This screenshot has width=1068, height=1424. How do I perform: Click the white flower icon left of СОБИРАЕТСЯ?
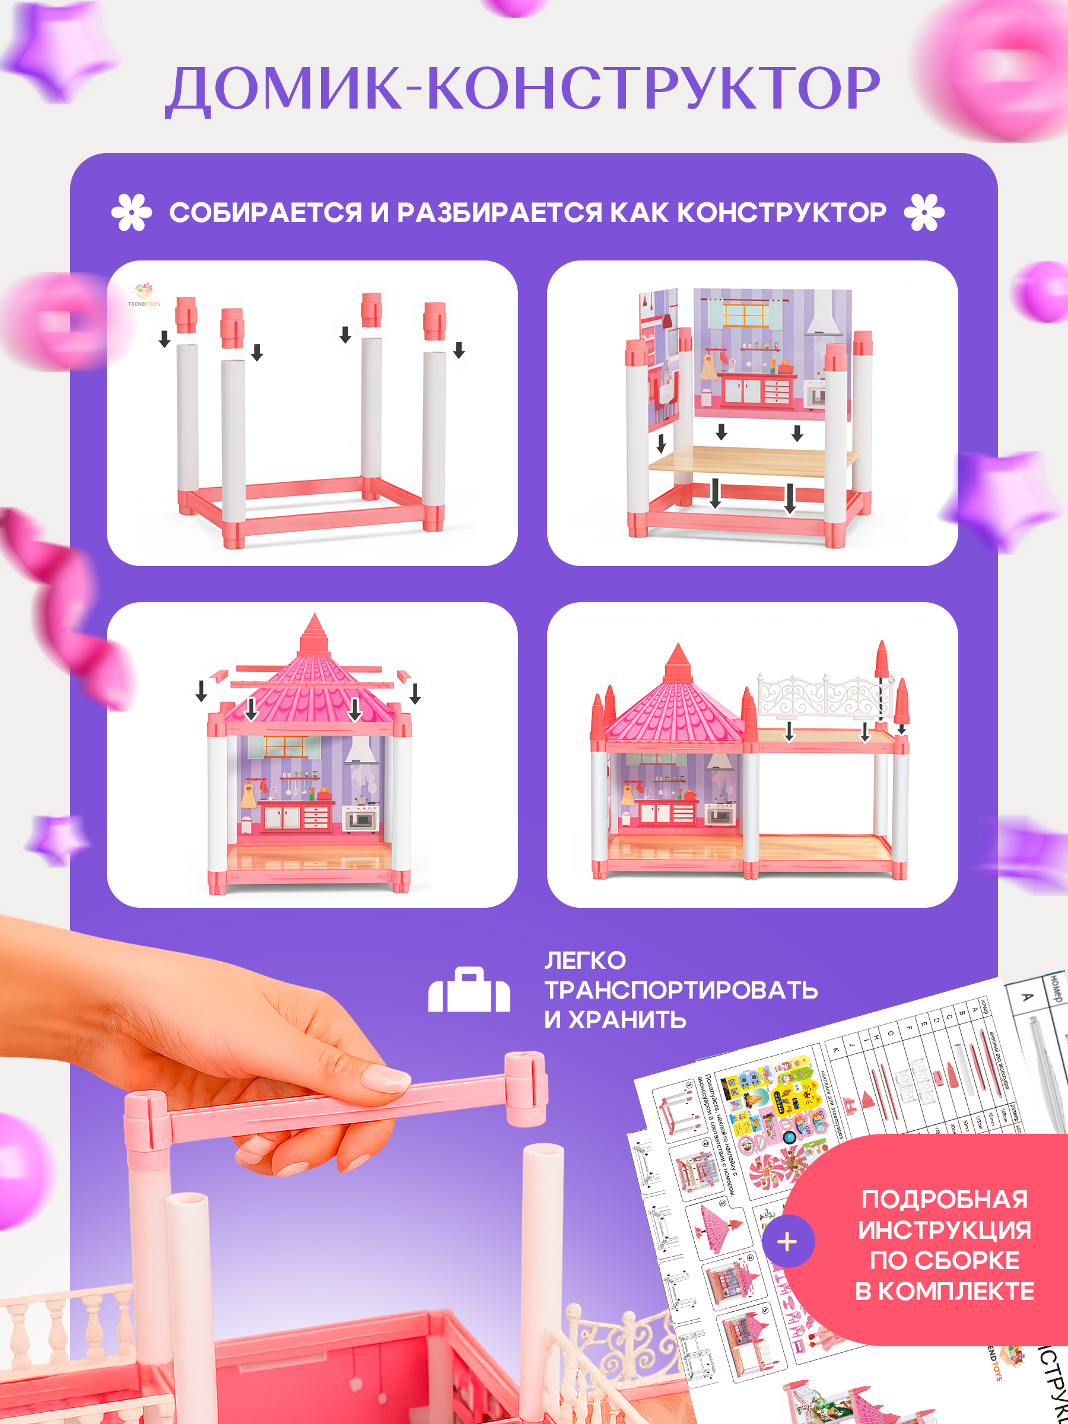click(131, 212)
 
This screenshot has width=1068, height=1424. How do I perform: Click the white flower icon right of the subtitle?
click(924, 212)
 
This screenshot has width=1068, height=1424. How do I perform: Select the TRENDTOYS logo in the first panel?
click(144, 295)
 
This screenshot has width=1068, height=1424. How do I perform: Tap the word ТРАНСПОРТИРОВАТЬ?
click(681, 990)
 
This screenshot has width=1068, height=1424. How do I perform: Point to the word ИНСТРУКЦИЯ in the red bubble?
click(945, 1230)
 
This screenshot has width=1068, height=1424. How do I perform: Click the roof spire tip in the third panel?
click(314, 622)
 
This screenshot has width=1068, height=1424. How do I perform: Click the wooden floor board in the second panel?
click(753, 460)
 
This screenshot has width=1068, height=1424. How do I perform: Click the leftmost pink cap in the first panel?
click(186, 314)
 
